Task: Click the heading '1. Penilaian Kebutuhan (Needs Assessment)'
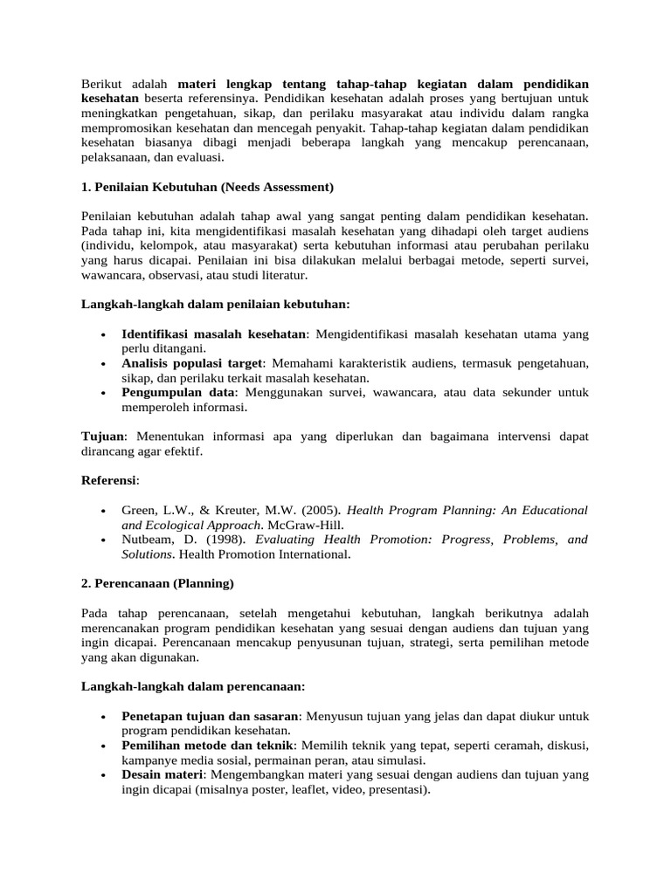tap(207, 187)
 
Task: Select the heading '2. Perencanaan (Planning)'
tap(157, 582)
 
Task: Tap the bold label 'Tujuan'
tap(103, 436)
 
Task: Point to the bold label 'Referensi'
tap(109, 479)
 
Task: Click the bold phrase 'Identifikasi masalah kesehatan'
tap(214, 334)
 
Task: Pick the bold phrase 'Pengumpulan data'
tap(172, 393)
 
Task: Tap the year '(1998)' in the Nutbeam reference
tap(220, 540)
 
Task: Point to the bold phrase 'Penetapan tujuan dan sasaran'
tap(211, 716)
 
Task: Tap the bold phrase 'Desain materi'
tap(162, 775)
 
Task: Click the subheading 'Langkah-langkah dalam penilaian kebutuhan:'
tap(215, 304)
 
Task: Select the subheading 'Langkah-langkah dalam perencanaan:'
tap(193, 686)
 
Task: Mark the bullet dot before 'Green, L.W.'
tap(104, 511)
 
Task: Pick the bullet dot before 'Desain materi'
tap(104, 775)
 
